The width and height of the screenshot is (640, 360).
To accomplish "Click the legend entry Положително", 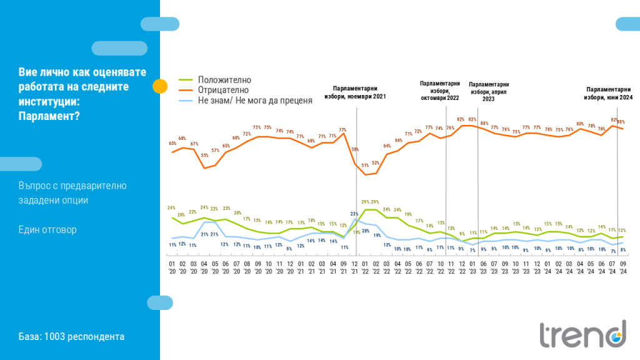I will point(224,80).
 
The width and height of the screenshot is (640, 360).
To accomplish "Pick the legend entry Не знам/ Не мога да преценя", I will point(254,100).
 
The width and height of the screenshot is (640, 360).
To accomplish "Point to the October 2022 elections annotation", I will point(440,91).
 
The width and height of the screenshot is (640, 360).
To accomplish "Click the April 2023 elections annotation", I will point(489,91).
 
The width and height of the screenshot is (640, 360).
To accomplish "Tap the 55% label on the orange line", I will point(204,155).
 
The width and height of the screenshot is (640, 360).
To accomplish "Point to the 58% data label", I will point(354,150).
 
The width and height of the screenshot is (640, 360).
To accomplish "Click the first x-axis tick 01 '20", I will point(172,267).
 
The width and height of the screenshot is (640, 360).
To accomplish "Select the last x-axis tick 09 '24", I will point(622,267).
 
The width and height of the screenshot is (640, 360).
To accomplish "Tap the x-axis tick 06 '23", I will point(483,267).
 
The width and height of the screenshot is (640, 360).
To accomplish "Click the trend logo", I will point(582,334).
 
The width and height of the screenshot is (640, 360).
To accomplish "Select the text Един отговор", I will point(47,229).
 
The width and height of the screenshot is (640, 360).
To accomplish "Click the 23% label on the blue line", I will point(354,214).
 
